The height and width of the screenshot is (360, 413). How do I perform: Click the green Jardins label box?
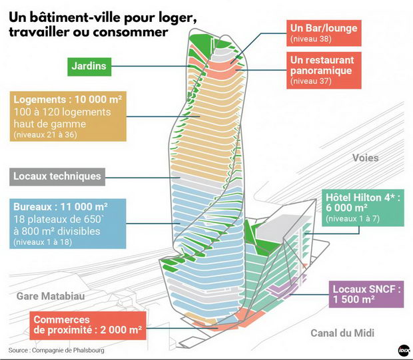point(89,67)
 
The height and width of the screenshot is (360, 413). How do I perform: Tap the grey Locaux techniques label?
point(57,177)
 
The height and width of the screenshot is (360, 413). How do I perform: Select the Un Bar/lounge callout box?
point(324,33)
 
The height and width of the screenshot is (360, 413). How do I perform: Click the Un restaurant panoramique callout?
point(324,71)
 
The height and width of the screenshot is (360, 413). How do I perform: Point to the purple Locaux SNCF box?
point(366,294)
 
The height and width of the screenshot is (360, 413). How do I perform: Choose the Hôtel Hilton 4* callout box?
point(362,208)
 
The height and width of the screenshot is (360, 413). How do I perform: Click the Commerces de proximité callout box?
point(88,325)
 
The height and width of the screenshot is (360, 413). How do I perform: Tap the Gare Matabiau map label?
point(51,296)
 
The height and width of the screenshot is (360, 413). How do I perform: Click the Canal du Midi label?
point(342,333)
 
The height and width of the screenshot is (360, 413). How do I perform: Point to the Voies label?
point(365,158)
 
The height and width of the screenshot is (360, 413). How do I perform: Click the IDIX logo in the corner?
point(404,350)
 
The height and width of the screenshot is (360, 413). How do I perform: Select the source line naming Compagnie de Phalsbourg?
point(57,350)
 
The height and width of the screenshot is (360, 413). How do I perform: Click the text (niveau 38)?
point(311,39)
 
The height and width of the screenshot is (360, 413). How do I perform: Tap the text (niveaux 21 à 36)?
point(45,134)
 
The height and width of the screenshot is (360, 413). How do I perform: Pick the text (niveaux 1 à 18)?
point(43,242)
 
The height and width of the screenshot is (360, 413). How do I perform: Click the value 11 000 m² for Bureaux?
point(84,207)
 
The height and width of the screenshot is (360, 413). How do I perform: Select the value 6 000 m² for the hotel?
point(346,208)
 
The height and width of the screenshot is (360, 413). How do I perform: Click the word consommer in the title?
point(131,32)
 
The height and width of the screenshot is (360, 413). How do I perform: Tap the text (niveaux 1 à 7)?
point(352,219)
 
